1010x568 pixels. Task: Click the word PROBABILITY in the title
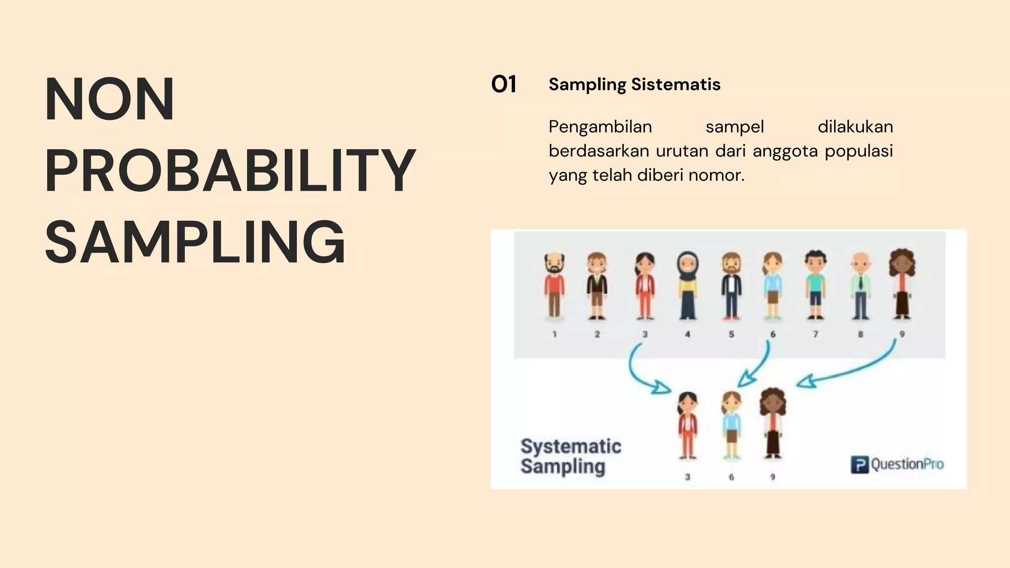click(230, 170)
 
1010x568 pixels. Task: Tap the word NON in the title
click(109, 99)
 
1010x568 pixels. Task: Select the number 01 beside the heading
click(504, 84)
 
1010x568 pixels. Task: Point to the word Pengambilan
click(600, 127)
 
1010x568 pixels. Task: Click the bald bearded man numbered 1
click(554, 286)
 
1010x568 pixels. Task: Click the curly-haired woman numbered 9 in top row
click(902, 284)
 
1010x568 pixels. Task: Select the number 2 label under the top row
click(597, 334)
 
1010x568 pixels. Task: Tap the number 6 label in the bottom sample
click(731, 477)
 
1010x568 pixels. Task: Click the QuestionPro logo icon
click(859, 464)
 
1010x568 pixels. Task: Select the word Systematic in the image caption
click(571, 446)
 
